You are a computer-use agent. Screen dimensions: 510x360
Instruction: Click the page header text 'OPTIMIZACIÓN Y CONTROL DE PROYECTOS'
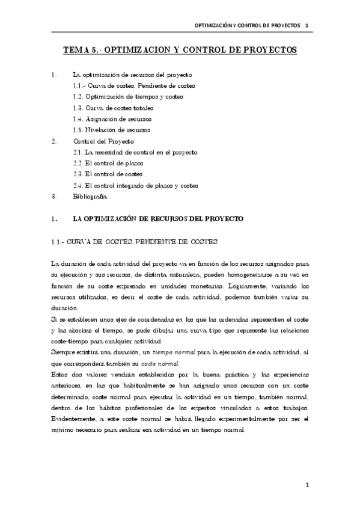pyautogui.click(x=247, y=26)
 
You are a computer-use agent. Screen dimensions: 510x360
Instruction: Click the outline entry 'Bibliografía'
pyautogui.click(x=90, y=196)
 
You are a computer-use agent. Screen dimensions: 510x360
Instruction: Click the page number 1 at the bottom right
pyautogui.click(x=307, y=484)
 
